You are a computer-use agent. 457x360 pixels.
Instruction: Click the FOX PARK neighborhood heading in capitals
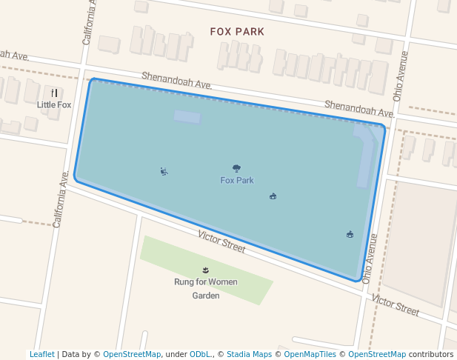[x=236, y=32]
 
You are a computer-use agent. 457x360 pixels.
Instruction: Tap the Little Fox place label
[x=54, y=105]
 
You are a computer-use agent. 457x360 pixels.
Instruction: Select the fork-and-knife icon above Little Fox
[x=54, y=93]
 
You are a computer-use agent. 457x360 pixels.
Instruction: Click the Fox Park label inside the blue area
[x=236, y=180]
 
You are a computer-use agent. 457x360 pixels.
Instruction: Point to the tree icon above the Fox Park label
[x=236, y=169]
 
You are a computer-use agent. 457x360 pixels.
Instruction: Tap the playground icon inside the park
[x=164, y=172]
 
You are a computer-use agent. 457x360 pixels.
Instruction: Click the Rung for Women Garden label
[x=206, y=289]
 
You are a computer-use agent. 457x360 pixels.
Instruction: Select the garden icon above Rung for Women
[x=206, y=270]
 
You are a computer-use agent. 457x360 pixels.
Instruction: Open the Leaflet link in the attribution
[x=41, y=354]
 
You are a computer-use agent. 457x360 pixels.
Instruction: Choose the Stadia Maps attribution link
[x=249, y=354]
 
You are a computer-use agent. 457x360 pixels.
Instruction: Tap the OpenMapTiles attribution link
[x=309, y=354]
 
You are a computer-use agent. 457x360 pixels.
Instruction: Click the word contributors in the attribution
[x=431, y=354]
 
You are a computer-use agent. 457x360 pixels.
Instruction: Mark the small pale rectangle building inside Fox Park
[x=187, y=117]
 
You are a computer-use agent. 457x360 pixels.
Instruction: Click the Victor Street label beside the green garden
[x=221, y=241]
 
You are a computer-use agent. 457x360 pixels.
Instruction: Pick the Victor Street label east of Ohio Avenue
[x=396, y=304]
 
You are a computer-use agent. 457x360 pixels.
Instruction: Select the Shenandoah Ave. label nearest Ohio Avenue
[x=358, y=109]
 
